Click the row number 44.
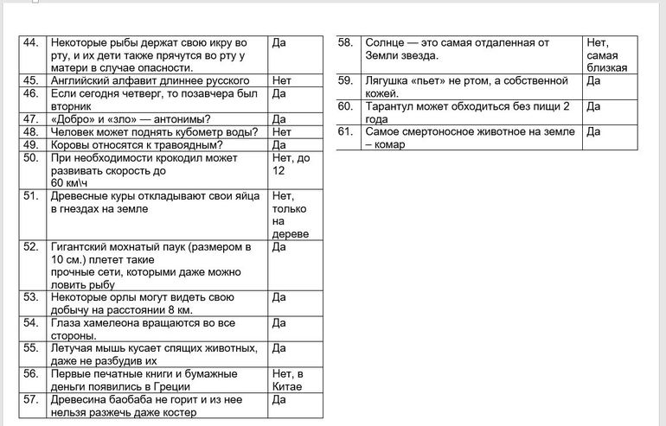(x=33, y=42)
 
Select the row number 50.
(x=33, y=158)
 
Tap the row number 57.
(x=33, y=399)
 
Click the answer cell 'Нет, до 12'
(x=291, y=164)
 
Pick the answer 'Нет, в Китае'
(x=288, y=379)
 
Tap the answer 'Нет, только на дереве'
(x=288, y=214)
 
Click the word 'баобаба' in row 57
(x=139, y=399)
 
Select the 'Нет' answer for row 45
(x=281, y=80)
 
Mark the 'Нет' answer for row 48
(x=281, y=132)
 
